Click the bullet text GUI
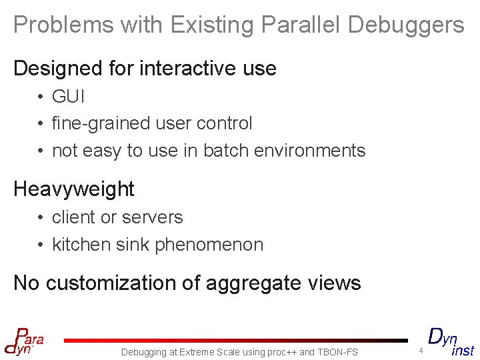(69, 97)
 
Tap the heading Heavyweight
(73, 189)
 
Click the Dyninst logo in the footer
(450, 341)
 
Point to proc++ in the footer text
(281, 352)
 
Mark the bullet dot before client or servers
(41, 218)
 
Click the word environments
(311, 151)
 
